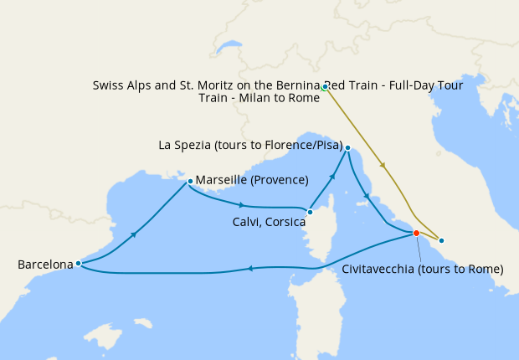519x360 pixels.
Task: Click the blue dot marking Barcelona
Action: [78, 263]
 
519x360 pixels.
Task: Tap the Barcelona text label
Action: [45, 265]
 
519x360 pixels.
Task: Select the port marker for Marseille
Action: [190, 181]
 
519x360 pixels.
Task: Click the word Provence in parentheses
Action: [280, 180]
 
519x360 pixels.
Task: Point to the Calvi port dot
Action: [310, 212]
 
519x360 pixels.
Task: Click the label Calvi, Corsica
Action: [266, 222]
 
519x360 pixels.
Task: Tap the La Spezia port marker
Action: [347, 148]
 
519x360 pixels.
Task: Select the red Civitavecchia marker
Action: [416, 233]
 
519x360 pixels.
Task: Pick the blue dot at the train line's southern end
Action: [442, 241]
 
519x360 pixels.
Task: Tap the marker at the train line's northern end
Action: [324, 86]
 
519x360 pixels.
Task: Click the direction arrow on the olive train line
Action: [383, 165]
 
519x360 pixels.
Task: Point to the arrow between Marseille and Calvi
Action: [243, 205]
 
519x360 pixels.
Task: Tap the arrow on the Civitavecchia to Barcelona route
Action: [249, 268]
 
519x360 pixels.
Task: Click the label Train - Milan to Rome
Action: [259, 98]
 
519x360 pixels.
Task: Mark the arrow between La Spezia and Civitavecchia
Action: [366, 198]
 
